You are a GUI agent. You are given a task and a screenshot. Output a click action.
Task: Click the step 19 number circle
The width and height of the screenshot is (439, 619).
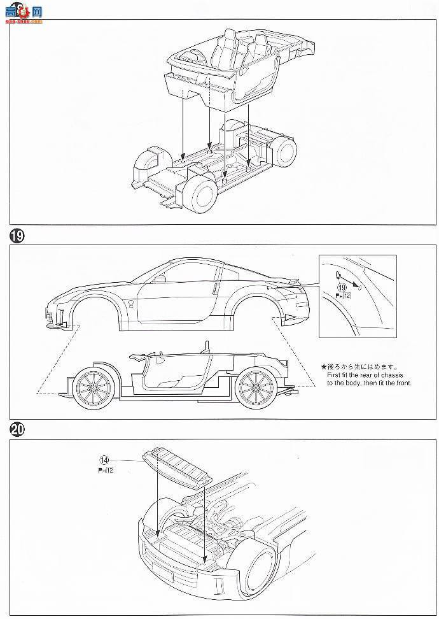17,236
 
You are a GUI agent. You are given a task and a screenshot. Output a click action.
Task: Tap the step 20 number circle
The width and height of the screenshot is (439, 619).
17,430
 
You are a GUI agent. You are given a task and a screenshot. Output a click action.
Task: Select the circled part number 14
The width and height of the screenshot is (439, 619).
105,460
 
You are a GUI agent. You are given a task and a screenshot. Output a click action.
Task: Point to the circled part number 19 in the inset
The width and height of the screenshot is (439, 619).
342,287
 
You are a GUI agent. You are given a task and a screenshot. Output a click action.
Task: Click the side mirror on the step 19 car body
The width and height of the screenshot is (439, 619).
160,278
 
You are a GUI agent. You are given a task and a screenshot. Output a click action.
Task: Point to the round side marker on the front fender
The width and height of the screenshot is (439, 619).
130,301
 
